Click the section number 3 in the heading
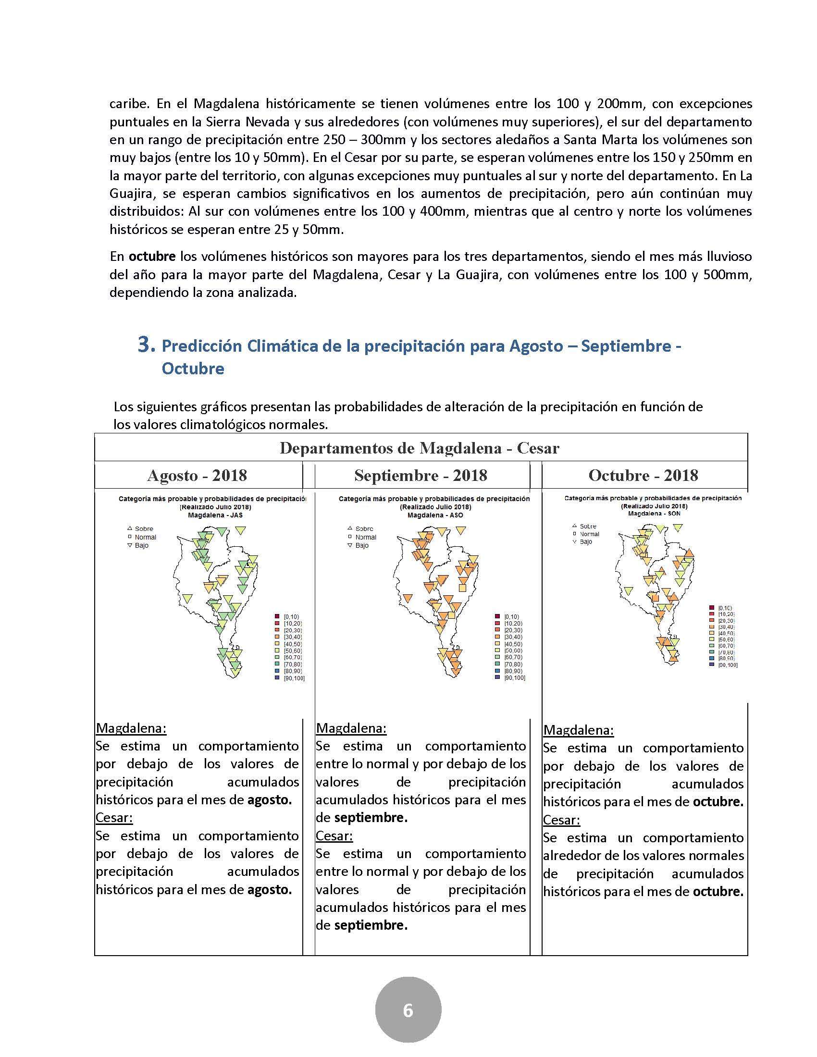click(x=147, y=345)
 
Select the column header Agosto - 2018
click(x=197, y=475)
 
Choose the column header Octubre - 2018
click(x=643, y=475)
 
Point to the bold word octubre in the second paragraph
click(x=151, y=256)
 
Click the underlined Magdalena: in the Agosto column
click(x=131, y=728)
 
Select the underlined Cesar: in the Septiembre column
click(x=334, y=836)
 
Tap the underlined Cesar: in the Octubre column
click(x=561, y=820)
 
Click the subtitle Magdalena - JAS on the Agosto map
click(x=215, y=516)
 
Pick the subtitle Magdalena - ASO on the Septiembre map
click(x=435, y=516)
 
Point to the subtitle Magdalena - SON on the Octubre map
click(x=654, y=514)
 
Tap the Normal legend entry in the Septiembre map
click(x=365, y=537)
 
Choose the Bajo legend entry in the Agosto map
click(x=141, y=545)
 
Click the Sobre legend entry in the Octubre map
click(x=588, y=526)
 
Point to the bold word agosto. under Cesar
click(x=270, y=889)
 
